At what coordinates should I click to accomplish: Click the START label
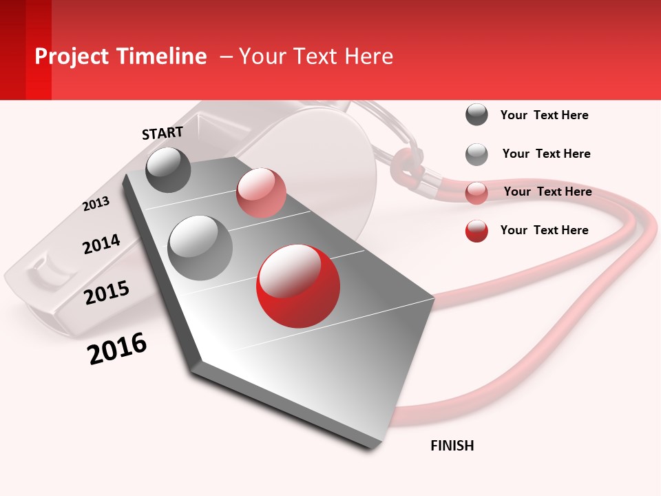(x=162, y=133)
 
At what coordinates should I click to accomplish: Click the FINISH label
(x=452, y=446)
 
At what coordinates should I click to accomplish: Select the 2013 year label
(x=96, y=204)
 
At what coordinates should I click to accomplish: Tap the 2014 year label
(x=101, y=245)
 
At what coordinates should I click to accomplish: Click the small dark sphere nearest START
(x=169, y=169)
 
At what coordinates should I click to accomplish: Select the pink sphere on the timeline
(x=261, y=193)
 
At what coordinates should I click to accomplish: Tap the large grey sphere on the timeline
(x=200, y=247)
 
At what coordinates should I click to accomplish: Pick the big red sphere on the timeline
(x=298, y=285)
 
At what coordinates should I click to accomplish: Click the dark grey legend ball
(x=476, y=115)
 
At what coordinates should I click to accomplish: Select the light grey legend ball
(x=476, y=154)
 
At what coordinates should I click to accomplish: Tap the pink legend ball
(x=476, y=193)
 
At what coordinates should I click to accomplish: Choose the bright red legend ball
(x=476, y=231)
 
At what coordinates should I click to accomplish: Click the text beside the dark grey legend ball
(x=544, y=116)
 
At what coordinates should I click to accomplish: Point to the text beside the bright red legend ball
(x=544, y=230)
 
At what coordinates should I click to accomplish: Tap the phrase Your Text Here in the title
(x=316, y=56)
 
